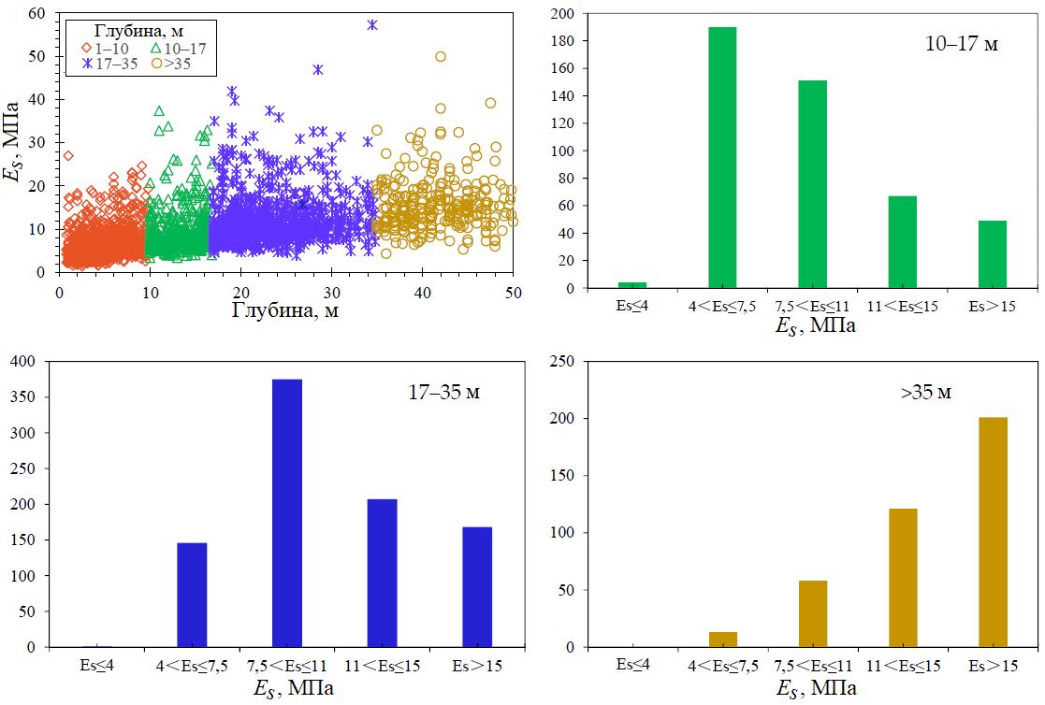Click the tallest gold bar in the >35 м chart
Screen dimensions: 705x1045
tap(994, 532)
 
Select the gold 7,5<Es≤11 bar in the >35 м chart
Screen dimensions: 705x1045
tap(813, 613)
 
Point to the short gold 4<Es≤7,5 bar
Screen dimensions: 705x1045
tap(723, 640)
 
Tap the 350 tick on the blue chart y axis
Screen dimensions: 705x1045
tap(31, 397)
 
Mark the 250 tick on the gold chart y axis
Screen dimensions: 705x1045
tap(567, 362)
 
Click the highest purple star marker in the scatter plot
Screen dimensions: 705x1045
tap(372, 25)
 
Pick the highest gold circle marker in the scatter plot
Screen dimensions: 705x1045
tap(441, 56)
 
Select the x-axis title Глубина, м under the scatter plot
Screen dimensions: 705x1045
tap(284, 311)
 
